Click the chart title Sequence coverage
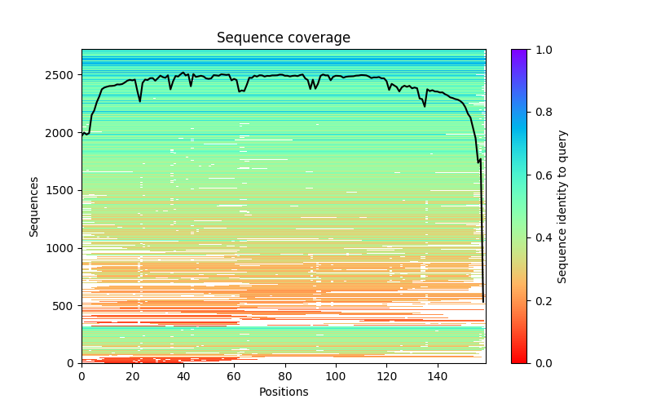tap(283, 38)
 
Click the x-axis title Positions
tap(283, 392)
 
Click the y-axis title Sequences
tap(34, 206)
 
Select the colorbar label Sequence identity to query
tap(562, 206)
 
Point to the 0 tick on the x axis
tap(81, 376)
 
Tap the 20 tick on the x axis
tap(132, 376)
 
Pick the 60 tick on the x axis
tap(234, 376)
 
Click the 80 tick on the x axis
tap(284, 376)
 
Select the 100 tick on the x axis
tap(336, 376)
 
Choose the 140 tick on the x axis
tap(437, 376)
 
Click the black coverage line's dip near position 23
tap(139, 101)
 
